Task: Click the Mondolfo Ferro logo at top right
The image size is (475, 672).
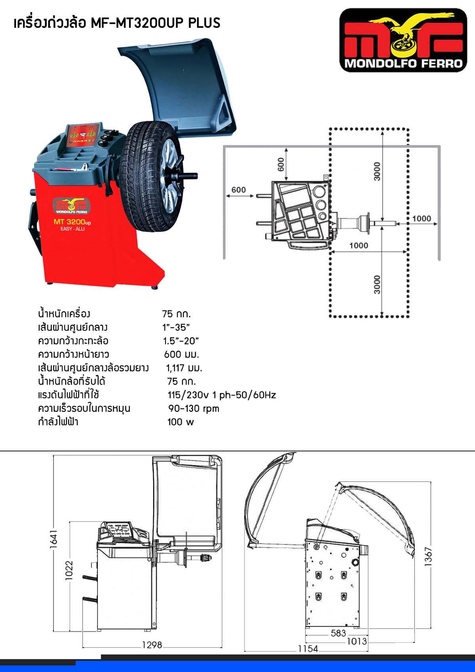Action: tap(403, 40)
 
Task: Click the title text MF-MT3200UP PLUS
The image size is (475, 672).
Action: tap(156, 23)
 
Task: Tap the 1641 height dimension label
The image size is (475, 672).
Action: tap(53, 539)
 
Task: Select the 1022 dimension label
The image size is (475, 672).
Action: tap(69, 570)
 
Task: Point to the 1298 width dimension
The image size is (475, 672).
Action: tap(152, 645)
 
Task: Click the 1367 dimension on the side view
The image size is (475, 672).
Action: tap(428, 557)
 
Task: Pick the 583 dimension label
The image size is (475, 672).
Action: tap(338, 633)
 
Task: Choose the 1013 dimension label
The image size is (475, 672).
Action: tap(357, 641)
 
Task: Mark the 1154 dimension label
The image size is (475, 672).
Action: tap(308, 649)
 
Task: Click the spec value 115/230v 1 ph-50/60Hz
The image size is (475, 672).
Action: tap(222, 395)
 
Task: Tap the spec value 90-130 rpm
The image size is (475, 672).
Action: tap(194, 408)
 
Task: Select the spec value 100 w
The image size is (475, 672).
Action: tap(180, 422)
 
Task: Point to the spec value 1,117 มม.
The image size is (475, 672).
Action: tap(184, 368)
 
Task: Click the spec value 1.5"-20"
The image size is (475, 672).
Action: tap(180, 341)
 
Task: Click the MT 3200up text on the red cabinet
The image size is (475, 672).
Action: tap(72, 222)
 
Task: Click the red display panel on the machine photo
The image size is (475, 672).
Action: tap(83, 137)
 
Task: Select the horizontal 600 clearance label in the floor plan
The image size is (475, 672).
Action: tap(238, 190)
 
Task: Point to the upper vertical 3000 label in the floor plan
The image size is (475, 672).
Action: tap(377, 171)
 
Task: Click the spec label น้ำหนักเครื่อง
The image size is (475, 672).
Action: tap(64, 314)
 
